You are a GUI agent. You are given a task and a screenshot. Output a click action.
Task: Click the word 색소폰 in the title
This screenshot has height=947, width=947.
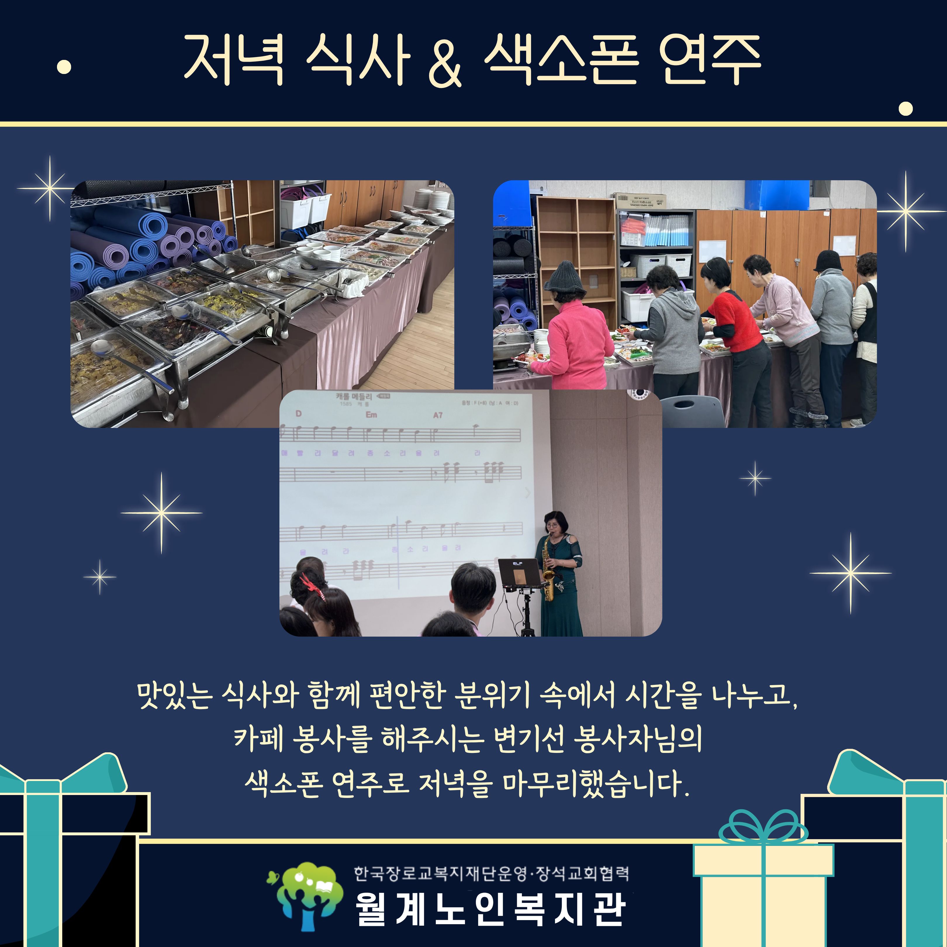pyautogui.click(x=561, y=60)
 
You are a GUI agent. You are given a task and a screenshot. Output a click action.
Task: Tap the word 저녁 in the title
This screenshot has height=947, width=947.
pyautogui.click(x=234, y=60)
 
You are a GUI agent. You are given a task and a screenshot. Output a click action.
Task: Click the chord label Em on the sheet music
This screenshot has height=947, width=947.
pyautogui.click(x=371, y=415)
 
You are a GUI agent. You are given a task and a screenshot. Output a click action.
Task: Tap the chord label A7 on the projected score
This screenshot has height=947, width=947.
pyautogui.click(x=438, y=415)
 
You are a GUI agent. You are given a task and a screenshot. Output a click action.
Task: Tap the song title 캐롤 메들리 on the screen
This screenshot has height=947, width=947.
pyautogui.click(x=354, y=397)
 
